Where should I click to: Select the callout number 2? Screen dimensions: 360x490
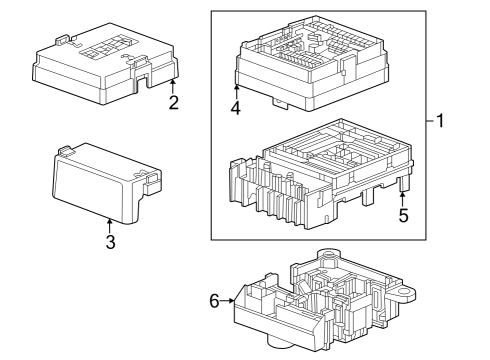click(x=174, y=103)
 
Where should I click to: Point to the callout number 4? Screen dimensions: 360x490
click(x=237, y=110)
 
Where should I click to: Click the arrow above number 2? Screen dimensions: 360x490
click(x=174, y=84)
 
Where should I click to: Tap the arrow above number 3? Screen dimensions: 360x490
click(x=110, y=222)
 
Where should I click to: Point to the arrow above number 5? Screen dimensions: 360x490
click(x=404, y=195)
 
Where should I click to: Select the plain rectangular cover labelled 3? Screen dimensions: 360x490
click(x=100, y=180)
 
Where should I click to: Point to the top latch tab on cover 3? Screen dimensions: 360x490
click(x=67, y=151)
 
